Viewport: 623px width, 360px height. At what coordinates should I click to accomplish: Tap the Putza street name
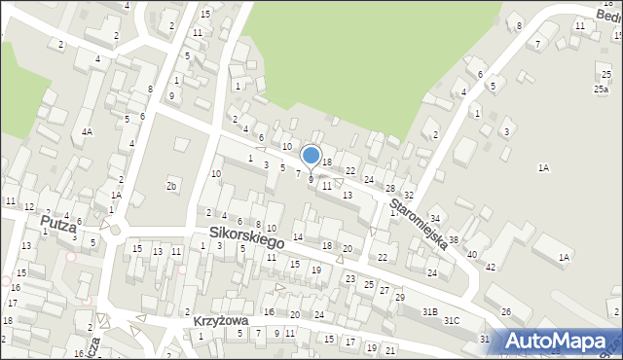tap(58, 224)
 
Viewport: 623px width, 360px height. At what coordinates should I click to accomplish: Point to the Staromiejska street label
tap(418, 223)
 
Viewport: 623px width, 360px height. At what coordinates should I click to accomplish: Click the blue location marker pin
tap(311, 157)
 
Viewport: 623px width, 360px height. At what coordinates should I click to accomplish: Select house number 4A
tap(87, 131)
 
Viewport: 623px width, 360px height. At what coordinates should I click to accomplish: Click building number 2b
tap(172, 185)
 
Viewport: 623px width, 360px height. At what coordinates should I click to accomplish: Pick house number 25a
tap(602, 90)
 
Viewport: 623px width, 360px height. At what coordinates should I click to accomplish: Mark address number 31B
tap(429, 311)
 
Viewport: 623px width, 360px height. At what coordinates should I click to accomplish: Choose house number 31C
tap(452, 320)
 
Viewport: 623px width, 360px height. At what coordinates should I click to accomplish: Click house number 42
tap(491, 266)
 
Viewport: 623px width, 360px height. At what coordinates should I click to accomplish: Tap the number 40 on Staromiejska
tap(471, 253)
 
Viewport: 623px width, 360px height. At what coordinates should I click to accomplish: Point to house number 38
tap(454, 239)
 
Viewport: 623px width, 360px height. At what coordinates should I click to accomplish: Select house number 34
tap(435, 218)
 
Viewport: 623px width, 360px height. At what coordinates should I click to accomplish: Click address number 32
tap(409, 197)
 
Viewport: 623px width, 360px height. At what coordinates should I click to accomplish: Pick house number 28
tap(389, 188)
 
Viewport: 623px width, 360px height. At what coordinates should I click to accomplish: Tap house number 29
tap(399, 297)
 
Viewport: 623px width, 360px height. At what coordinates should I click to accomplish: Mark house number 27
tap(385, 290)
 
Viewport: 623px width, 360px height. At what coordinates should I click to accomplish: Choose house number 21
tap(390, 349)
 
